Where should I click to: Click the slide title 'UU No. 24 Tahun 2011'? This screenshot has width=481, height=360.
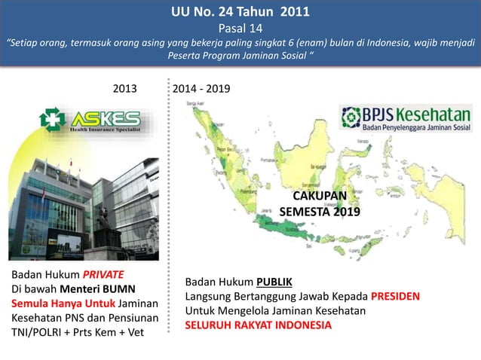(240, 13)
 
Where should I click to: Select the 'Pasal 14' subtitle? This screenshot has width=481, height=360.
(240, 29)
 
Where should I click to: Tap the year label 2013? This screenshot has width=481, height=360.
(125, 89)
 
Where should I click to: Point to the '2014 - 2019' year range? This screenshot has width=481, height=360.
(201, 89)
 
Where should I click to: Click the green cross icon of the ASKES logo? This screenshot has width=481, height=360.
(52, 121)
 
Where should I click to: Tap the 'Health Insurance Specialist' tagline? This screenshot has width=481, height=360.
(105, 130)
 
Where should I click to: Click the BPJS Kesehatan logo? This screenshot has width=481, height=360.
(406, 119)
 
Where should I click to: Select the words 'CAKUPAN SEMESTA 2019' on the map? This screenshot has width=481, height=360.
(320, 204)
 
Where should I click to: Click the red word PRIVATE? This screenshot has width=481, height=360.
(103, 273)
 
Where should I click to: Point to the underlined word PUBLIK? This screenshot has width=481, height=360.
(274, 282)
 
